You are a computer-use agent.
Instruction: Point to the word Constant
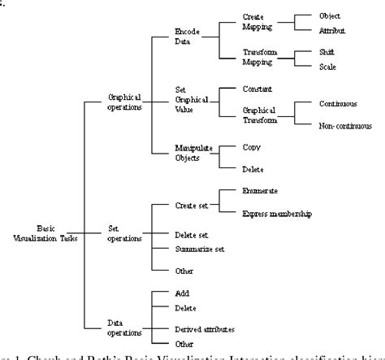pos(257,88)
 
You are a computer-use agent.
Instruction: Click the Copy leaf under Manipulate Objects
pos(251,147)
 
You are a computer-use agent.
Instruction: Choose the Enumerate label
pos(260,190)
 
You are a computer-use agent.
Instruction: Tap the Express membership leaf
pos(277,214)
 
